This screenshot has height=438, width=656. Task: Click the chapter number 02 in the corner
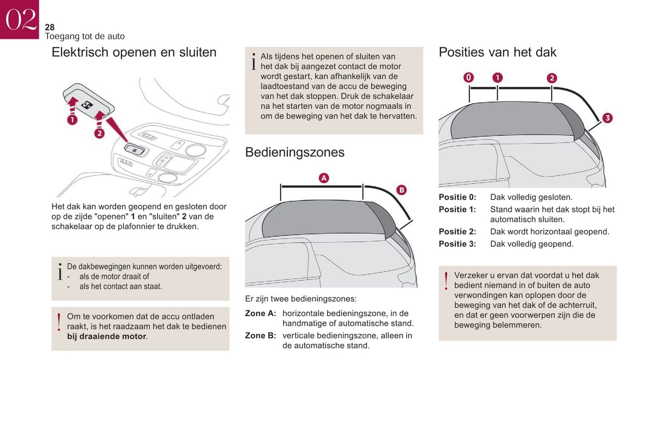click(20, 20)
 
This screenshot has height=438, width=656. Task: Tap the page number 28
click(49, 27)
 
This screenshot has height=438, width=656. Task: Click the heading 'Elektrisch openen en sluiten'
click(134, 52)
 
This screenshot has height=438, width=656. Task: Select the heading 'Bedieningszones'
click(295, 152)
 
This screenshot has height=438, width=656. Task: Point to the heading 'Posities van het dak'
click(497, 52)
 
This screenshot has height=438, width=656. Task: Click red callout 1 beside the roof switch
click(72, 120)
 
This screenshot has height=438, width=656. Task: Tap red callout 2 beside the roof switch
click(99, 133)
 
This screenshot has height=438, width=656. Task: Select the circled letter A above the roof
click(324, 178)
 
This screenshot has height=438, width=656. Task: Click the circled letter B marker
click(401, 190)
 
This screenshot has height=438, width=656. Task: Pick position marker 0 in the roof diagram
click(469, 78)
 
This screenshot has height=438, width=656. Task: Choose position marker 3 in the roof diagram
click(607, 118)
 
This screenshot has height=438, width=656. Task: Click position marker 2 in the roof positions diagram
click(552, 78)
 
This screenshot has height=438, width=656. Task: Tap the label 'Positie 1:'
click(457, 209)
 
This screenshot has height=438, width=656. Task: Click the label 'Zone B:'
click(261, 336)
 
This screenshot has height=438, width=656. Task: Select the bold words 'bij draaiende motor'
click(107, 337)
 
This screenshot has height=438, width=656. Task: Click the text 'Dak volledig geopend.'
click(532, 244)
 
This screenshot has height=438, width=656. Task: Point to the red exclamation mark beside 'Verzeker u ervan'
click(446, 281)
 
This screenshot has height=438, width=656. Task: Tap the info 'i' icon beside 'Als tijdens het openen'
click(253, 62)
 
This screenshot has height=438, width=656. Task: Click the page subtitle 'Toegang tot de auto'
click(85, 36)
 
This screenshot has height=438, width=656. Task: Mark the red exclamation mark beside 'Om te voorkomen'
click(59, 322)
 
